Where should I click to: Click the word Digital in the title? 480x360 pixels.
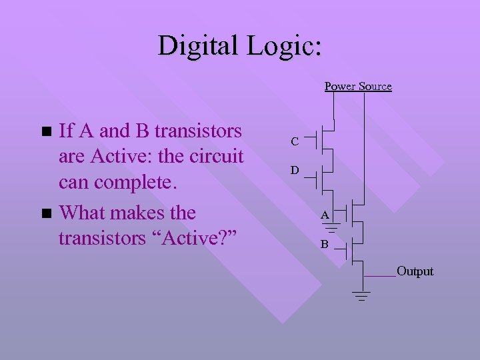[x=198, y=46]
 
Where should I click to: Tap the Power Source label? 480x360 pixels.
[x=358, y=86]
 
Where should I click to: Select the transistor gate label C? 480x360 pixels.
[x=294, y=141]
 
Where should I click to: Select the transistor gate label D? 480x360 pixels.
[x=294, y=171]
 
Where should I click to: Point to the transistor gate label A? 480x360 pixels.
[x=324, y=215]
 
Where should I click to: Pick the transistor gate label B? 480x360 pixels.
[x=324, y=244]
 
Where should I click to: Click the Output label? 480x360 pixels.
[x=415, y=271]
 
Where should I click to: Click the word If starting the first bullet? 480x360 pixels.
[x=67, y=131]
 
